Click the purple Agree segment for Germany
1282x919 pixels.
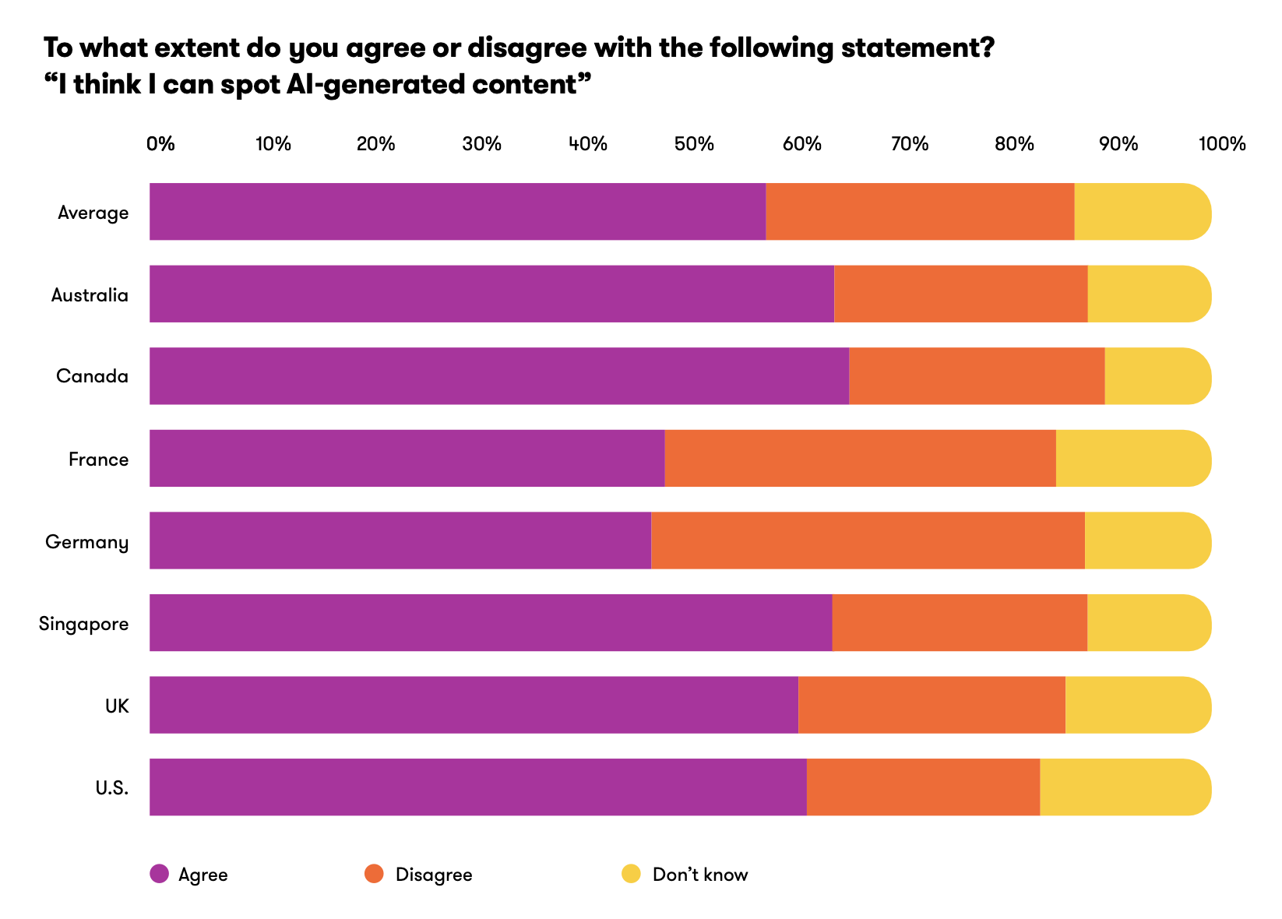(400, 540)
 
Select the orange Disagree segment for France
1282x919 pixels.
(860, 458)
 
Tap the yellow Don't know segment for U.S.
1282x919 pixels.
(1125, 787)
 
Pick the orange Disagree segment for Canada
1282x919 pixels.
(977, 376)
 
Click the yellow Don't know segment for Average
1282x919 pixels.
(1142, 212)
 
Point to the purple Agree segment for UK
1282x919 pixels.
(474, 705)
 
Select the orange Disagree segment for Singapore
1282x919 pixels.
(960, 622)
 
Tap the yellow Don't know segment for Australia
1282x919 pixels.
(1149, 294)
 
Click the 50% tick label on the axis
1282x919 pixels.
(694, 144)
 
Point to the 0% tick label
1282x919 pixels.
(161, 144)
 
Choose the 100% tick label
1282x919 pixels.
(1222, 144)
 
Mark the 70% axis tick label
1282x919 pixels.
(910, 144)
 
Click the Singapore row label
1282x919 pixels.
(84, 624)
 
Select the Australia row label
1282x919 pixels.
(90, 295)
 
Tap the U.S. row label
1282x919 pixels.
(112, 788)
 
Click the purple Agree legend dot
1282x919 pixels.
(160, 874)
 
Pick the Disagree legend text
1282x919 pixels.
(434, 875)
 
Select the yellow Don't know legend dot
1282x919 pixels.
(631, 874)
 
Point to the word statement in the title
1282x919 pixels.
(917, 48)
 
